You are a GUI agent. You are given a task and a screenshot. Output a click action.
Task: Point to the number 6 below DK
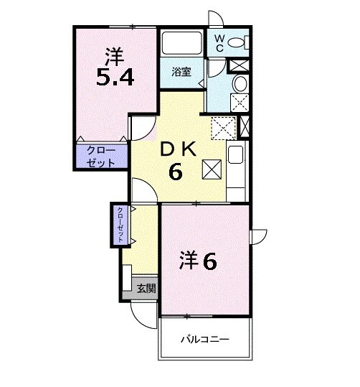[x=175, y=172]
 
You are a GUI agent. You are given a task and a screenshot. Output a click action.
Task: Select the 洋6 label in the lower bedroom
[x=197, y=261]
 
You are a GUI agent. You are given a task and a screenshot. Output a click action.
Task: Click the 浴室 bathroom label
[x=181, y=72]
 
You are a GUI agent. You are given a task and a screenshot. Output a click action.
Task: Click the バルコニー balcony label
[x=204, y=339]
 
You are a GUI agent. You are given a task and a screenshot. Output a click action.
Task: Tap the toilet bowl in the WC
[x=240, y=42]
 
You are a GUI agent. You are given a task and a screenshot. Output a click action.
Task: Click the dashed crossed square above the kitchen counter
[x=223, y=128]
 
